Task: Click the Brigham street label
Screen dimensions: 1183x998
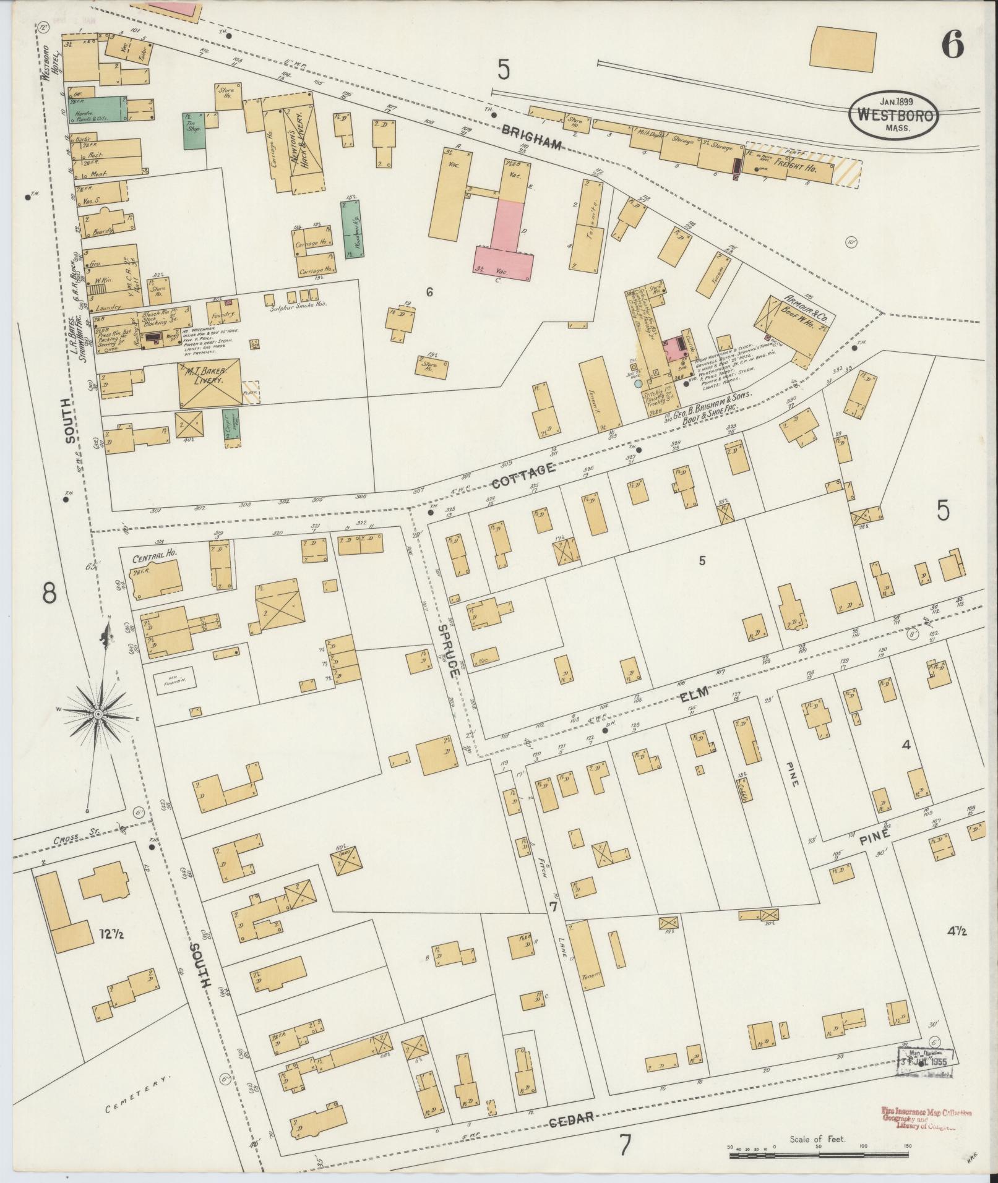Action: (x=531, y=139)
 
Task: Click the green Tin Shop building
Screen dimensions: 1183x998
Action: (x=194, y=130)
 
